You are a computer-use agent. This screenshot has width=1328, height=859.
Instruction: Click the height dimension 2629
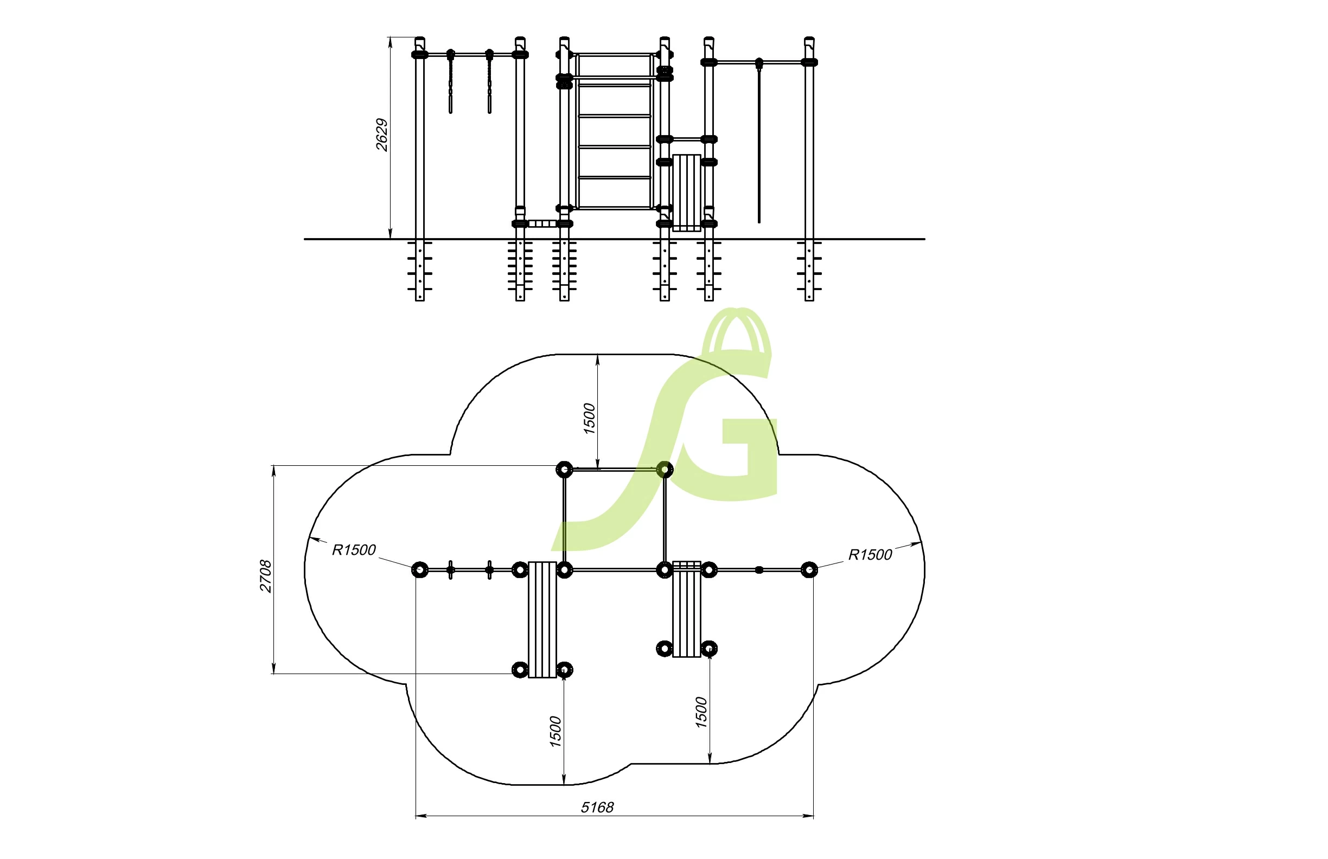tap(382, 134)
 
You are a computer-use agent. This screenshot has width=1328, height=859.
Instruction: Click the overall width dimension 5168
tap(597, 807)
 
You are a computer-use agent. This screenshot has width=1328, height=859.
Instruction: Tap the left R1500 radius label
tap(354, 550)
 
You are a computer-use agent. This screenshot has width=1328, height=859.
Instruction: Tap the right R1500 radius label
tap(870, 555)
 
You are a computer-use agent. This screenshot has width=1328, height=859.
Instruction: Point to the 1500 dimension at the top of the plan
tap(589, 418)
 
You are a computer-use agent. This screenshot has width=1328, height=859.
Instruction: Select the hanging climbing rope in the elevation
tap(759, 145)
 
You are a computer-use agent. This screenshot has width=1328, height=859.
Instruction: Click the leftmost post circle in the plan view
tap(419, 570)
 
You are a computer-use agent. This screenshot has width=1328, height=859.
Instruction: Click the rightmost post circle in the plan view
tap(809, 570)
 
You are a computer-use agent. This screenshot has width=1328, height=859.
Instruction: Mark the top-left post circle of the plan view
tap(564, 469)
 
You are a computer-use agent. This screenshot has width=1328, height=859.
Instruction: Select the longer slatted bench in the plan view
tap(542, 619)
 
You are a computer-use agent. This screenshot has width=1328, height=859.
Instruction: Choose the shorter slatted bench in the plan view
tap(686, 609)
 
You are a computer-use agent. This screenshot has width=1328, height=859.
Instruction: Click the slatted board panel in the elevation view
tap(686, 193)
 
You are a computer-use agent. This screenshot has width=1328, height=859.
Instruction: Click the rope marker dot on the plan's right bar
tap(759, 570)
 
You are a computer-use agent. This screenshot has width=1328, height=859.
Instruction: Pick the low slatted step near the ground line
tap(542, 223)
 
